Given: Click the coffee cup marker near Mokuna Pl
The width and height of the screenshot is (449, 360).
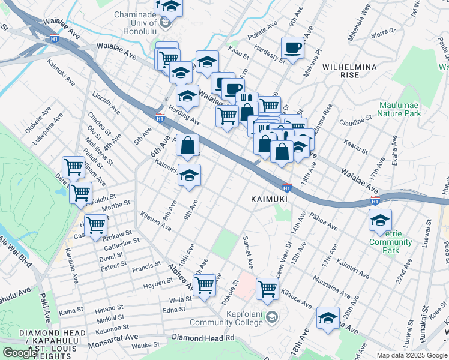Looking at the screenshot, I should tap(292, 48).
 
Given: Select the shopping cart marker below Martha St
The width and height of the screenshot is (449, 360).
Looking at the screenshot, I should tap(95, 226).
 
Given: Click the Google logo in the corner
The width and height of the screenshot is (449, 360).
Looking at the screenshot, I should tap(19, 353).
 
